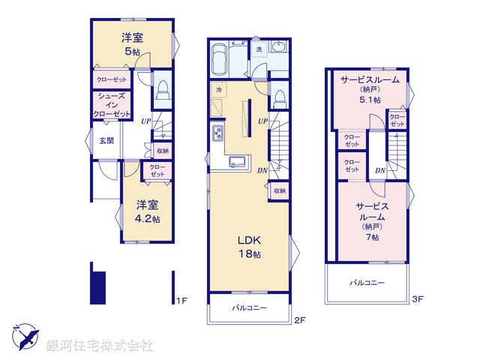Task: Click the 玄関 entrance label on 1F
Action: tap(106, 141)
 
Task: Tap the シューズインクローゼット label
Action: tap(112, 105)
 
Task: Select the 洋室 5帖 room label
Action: tap(132, 44)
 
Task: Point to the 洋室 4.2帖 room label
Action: tap(148, 211)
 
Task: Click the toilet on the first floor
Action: tap(162, 90)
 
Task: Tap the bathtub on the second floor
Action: tap(218, 60)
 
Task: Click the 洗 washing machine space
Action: tap(259, 49)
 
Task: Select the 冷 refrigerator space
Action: tap(219, 90)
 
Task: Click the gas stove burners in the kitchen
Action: tap(217, 133)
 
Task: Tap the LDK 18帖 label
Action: tap(250, 247)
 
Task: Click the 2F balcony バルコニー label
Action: tap(250, 307)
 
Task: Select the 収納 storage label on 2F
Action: tap(280, 190)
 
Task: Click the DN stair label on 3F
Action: tap(380, 170)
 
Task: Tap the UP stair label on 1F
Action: tap(146, 121)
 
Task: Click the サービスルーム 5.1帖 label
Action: tap(370, 89)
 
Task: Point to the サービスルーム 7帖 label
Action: tap(372, 221)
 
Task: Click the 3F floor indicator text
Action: tap(417, 299)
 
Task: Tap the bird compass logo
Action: tap(25, 337)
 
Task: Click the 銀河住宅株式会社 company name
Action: tap(100, 346)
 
